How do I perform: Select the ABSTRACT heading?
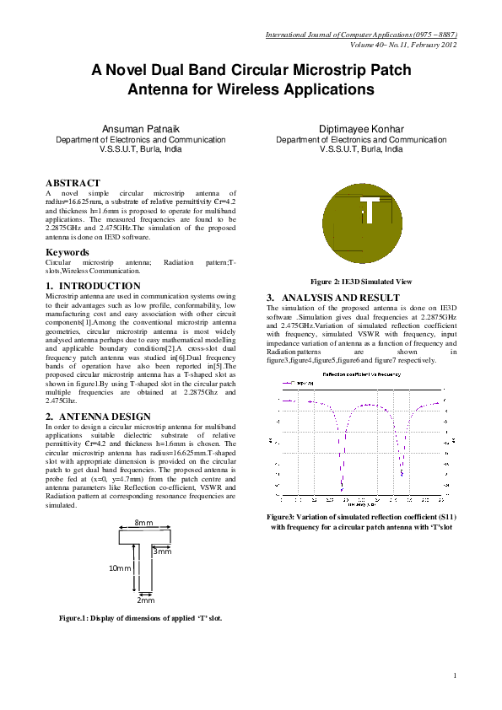point(73,183)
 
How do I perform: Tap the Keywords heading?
point(67,252)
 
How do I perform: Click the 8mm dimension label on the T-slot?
point(144,524)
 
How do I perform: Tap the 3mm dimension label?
point(163,551)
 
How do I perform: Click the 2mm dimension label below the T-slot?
point(145,600)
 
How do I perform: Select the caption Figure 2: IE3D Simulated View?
point(361,282)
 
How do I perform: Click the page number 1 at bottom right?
point(455,675)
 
